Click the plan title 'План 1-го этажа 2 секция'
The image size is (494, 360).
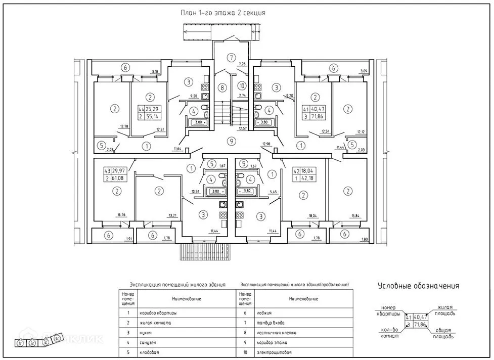click(223, 13)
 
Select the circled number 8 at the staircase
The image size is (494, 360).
click(221, 87)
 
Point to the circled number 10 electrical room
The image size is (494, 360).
click(242, 85)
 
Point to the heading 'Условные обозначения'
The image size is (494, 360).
click(419, 286)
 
